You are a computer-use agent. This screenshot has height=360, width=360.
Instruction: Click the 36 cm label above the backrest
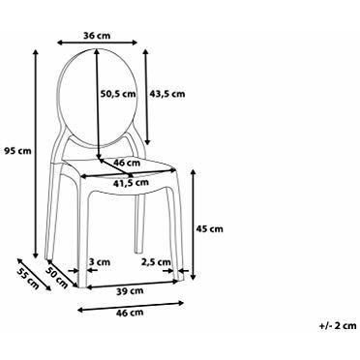(97, 36)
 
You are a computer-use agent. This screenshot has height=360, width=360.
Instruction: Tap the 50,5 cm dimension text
(118, 94)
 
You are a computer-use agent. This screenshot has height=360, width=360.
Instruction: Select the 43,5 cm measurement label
(167, 94)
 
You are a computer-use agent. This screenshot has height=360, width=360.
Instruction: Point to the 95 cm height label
(18, 150)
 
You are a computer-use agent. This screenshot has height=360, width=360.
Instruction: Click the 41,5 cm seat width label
(131, 183)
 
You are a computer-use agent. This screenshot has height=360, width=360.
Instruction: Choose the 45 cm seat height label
(209, 229)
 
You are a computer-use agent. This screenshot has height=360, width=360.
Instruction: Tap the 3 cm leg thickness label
(99, 262)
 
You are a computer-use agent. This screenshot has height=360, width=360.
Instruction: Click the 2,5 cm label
(156, 262)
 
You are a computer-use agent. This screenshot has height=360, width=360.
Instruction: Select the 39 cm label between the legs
(130, 291)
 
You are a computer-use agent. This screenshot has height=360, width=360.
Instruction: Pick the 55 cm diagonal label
(27, 279)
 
